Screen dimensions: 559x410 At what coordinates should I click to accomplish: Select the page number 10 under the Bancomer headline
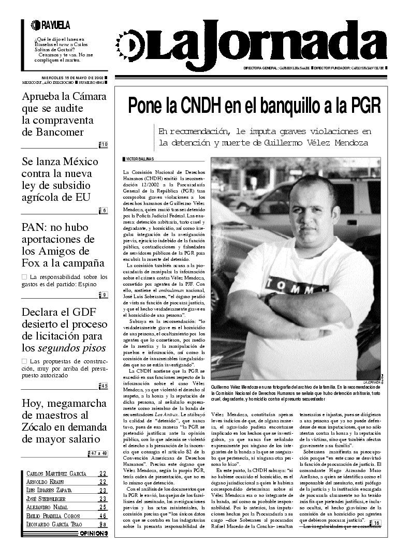104,144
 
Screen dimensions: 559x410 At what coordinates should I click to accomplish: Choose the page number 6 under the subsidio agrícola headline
104,210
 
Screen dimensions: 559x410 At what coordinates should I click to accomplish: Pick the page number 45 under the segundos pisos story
104,386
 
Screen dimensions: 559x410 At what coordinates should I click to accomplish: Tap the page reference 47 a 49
99,453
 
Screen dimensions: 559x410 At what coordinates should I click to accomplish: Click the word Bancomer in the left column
53,132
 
